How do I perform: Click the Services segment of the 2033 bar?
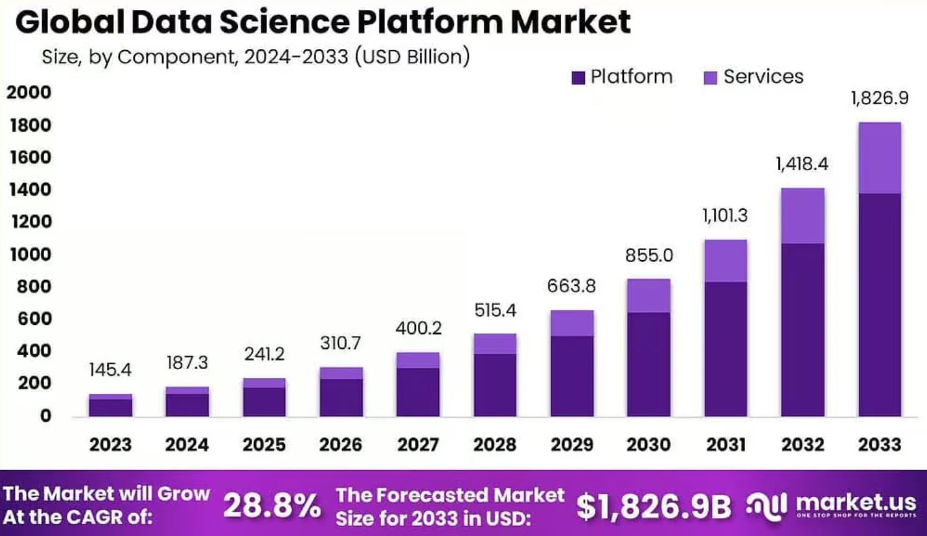(x=879, y=158)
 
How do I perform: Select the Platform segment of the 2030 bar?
(x=648, y=364)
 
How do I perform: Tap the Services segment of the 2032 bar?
(x=802, y=216)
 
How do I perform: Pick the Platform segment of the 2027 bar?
(x=418, y=391)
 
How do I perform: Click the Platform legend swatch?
(x=578, y=78)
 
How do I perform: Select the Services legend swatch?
(x=710, y=78)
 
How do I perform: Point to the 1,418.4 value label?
(x=802, y=164)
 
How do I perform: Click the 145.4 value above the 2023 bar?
(x=110, y=370)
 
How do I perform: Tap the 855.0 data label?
(x=649, y=255)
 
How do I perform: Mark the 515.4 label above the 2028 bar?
(x=495, y=310)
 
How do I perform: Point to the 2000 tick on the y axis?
(x=29, y=93)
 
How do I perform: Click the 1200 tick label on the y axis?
(x=30, y=222)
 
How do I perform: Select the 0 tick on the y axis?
(x=45, y=416)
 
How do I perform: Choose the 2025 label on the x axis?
(x=264, y=445)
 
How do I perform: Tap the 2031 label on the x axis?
(x=725, y=445)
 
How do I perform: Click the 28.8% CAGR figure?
(x=272, y=505)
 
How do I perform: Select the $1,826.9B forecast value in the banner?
(x=654, y=506)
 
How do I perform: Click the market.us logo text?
(x=856, y=502)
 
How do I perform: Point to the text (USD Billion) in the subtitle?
(x=412, y=57)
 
